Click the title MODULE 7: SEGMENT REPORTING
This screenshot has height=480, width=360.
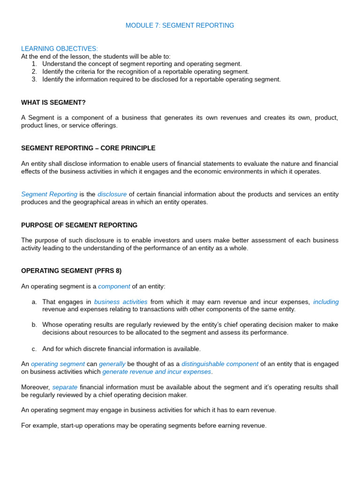click(x=180, y=25)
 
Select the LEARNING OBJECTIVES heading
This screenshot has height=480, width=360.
click(x=60, y=49)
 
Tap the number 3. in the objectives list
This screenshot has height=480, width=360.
click(x=34, y=79)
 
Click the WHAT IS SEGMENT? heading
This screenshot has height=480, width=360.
click(x=53, y=102)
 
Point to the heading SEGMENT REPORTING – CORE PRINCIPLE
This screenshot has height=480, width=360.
click(x=88, y=148)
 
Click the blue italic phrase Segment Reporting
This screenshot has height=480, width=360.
click(x=49, y=194)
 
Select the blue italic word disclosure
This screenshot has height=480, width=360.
click(x=112, y=194)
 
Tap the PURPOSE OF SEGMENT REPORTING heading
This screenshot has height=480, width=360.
click(x=79, y=225)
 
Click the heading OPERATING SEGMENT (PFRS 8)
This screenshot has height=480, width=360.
click(x=71, y=270)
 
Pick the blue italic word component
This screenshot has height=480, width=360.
click(x=114, y=286)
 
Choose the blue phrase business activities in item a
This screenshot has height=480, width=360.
click(x=120, y=302)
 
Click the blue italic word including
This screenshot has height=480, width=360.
click(x=326, y=302)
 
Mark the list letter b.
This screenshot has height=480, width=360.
click(x=34, y=325)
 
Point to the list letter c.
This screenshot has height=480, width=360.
click(x=34, y=349)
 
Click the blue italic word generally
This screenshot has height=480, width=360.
click(x=112, y=364)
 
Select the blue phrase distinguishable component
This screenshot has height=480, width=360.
click(x=220, y=364)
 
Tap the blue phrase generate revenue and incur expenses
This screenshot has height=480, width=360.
click(x=157, y=372)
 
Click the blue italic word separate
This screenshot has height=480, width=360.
click(x=65, y=387)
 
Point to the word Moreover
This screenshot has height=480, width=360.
click(x=35, y=387)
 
